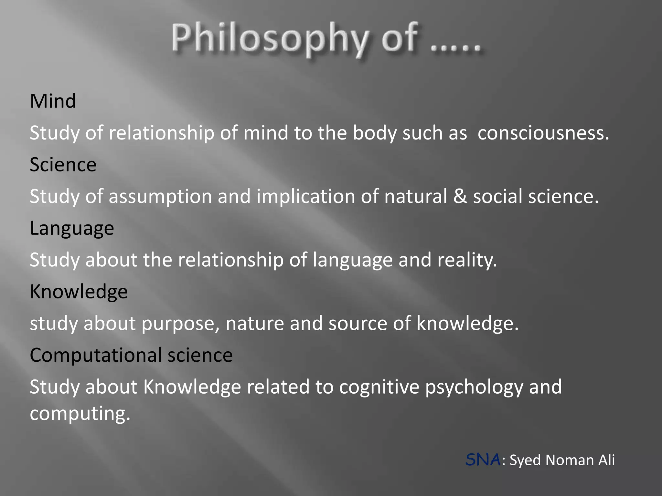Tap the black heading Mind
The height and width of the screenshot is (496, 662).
pos(53,101)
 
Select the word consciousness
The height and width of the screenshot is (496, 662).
pos(543,133)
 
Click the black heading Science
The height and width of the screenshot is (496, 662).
pos(63,165)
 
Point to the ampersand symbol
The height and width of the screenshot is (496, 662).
pos(460,196)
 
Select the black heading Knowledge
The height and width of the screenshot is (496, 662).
pos(79,292)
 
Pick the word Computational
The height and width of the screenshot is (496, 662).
pos(96,355)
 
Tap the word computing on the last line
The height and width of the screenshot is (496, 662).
pos(80,414)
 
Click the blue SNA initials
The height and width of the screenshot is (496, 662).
pos(483,460)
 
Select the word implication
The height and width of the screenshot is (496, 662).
pos(305,196)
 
